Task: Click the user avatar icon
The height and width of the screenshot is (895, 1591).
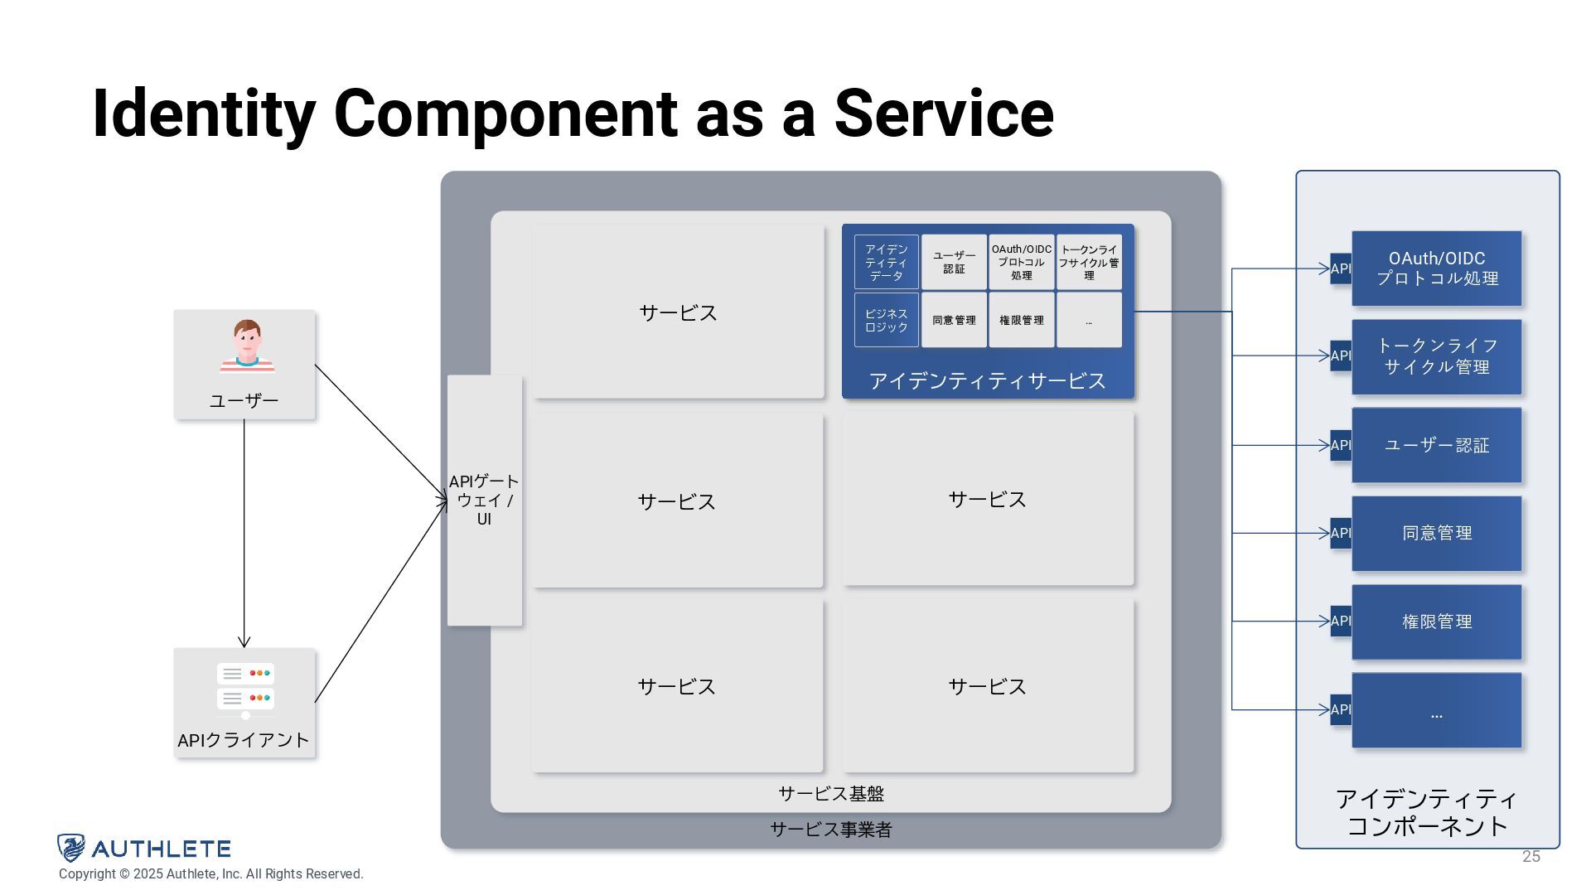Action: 247,346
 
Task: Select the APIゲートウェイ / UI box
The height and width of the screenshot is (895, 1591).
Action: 485,500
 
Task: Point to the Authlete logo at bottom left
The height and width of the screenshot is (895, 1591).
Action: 144,848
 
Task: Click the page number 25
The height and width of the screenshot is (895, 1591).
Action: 1531,857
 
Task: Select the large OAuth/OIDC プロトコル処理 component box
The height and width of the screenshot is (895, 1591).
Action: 1436,268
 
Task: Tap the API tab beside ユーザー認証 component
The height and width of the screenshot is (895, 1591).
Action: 1340,445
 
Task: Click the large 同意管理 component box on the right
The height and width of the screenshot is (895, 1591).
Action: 1436,533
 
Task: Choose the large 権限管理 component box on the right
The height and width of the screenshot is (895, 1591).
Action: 1436,622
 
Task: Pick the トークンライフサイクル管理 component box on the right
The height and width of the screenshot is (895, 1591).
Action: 1436,356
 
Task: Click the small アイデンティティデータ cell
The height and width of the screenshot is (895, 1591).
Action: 886,262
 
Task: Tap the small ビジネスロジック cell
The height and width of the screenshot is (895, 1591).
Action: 886,320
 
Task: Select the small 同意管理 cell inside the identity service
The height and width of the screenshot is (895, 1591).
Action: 954,320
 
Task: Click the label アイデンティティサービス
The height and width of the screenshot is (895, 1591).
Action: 987,380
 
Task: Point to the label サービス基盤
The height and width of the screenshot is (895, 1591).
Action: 831,794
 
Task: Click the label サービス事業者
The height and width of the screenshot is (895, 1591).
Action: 831,830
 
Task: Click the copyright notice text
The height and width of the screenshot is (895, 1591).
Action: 211,874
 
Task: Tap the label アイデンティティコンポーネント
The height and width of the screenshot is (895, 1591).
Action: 1427,812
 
